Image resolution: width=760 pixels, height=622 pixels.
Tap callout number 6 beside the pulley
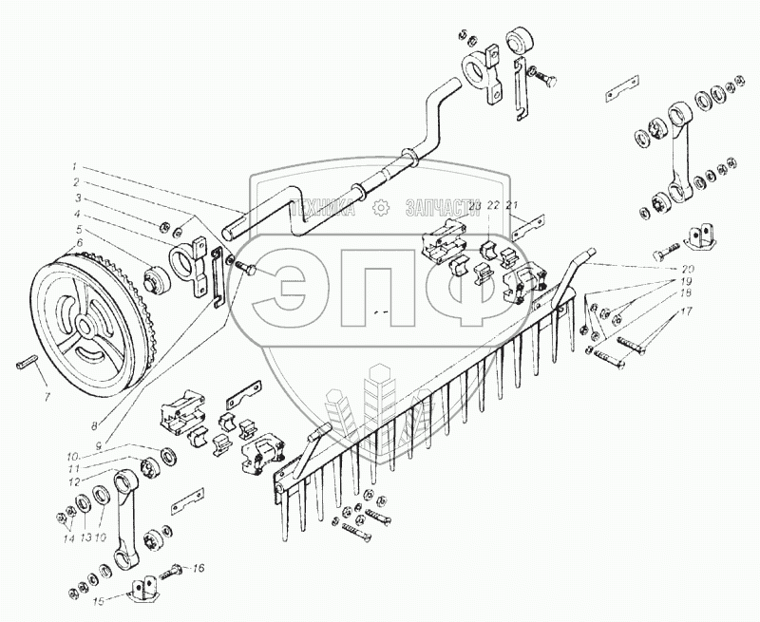[x=79, y=243]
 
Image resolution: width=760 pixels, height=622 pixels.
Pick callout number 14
[x=66, y=537]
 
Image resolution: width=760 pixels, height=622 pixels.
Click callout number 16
[x=199, y=569]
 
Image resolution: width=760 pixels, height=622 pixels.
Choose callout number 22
[x=492, y=206]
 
